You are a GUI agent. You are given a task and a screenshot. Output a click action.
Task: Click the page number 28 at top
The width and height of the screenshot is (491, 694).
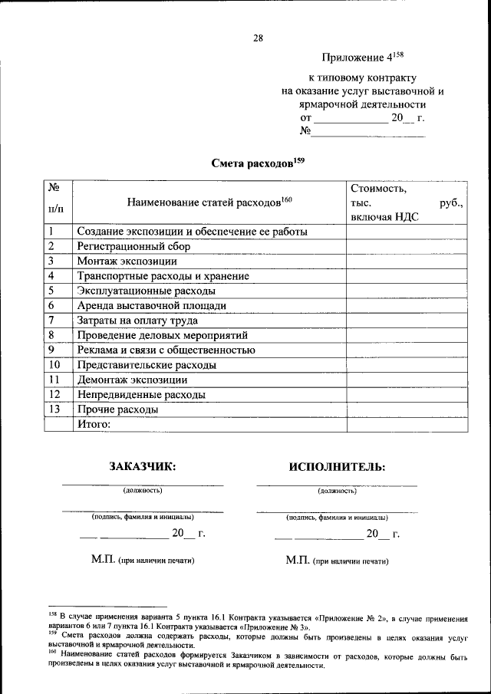(258, 38)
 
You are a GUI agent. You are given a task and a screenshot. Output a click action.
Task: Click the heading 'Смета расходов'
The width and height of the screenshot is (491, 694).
(253, 163)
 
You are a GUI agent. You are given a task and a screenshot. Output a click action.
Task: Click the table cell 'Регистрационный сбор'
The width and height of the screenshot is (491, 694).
(133, 247)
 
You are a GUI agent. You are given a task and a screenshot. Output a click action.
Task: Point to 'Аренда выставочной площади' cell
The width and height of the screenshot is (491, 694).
(151, 306)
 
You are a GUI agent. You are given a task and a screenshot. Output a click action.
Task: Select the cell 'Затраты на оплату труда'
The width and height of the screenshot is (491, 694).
(137, 321)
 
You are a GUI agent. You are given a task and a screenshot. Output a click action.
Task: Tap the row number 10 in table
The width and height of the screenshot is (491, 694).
(54, 365)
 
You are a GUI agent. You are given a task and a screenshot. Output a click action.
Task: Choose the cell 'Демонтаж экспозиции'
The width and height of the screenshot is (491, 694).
(131, 380)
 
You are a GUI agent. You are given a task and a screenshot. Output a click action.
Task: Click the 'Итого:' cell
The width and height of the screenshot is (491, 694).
(94, 425)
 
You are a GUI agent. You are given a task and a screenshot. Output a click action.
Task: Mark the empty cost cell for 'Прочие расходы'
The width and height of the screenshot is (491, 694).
(406, 409)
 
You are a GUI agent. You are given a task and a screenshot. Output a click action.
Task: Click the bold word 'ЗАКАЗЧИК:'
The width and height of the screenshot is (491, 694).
(143, 466)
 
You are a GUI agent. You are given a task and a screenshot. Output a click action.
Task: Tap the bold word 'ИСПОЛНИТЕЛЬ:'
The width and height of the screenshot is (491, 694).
(337, 466)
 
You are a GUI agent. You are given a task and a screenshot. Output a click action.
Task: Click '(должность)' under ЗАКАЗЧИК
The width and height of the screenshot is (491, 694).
(143, 490)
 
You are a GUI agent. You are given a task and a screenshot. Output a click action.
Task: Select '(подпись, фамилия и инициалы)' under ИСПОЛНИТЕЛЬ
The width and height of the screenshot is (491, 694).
(337, 518)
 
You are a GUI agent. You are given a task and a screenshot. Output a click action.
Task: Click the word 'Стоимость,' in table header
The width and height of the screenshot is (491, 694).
(378, 188)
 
